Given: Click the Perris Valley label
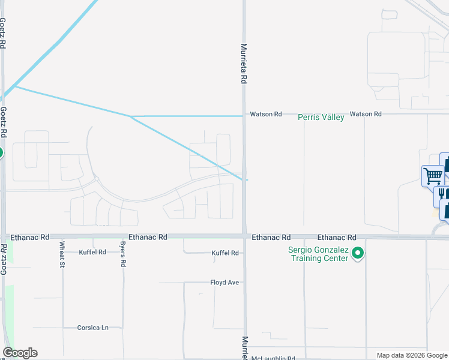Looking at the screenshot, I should point(321,118).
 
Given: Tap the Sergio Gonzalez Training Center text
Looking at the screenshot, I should point(319,254).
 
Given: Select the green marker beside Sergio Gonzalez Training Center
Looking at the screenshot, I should point(358,254).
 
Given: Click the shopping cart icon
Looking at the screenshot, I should point(432,176).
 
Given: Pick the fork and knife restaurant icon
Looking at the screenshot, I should point(443,194).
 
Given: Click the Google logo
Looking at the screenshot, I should point(20,353).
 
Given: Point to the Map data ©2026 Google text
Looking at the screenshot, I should point(411,355).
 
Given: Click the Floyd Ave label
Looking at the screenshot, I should point(225,282).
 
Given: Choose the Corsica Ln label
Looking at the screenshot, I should point(92,328).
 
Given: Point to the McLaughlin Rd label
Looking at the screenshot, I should point(273,358).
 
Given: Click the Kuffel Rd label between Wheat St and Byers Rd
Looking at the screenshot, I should point(92,253).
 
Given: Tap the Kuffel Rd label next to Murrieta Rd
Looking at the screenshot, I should point(225,253).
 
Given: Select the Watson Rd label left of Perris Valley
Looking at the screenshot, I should point(266,114).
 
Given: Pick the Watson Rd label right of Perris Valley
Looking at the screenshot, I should point(366,114).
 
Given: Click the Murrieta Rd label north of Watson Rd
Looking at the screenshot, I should point(244,62).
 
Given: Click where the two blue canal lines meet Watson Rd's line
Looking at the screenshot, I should point(130,116).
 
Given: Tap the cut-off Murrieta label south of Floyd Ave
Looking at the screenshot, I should point(244,347).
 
